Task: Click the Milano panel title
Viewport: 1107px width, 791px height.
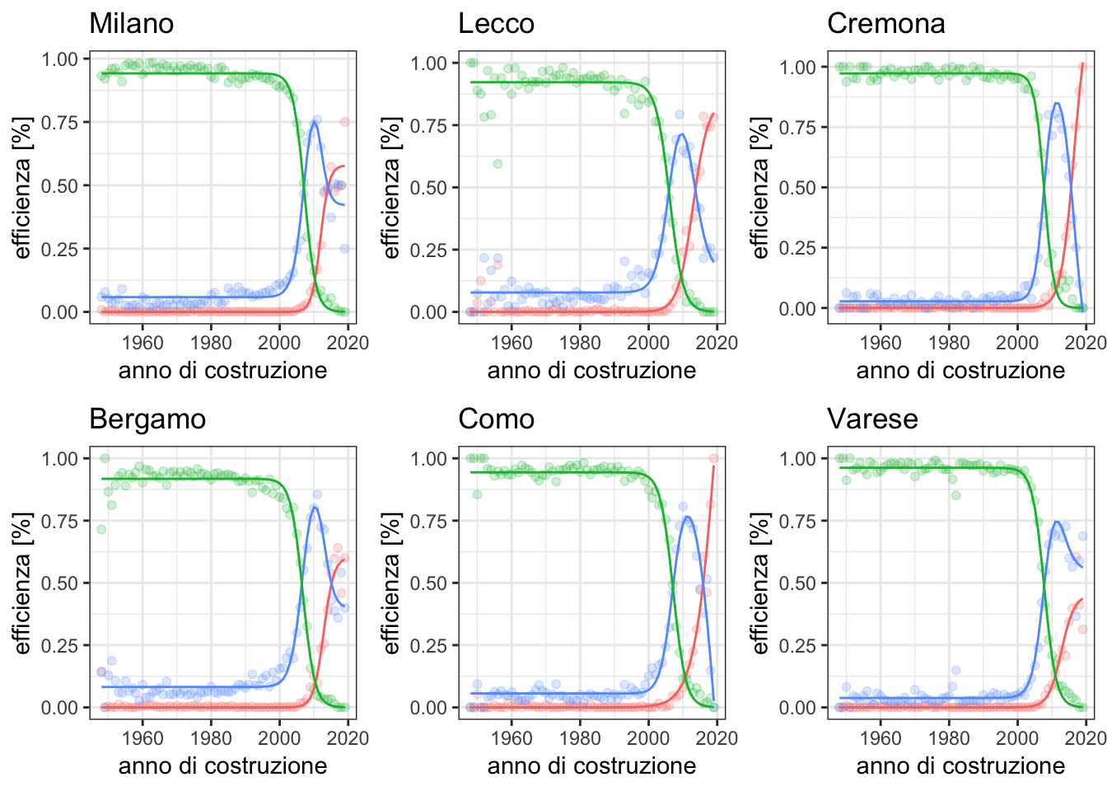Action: point(131,23)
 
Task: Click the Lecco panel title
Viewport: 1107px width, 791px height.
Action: point(496,23)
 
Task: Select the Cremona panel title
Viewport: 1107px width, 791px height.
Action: point(885,23)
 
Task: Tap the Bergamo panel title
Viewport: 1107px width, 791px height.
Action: point(147,419)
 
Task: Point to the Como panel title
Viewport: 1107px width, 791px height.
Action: point(496,419)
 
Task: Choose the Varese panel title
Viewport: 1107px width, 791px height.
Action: point(872,419)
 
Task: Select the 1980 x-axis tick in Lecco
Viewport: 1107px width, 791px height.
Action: point(580,342)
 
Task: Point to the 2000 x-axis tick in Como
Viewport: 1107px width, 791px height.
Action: point(648,737)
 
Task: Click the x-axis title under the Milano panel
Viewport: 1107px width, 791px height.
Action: point(222,371)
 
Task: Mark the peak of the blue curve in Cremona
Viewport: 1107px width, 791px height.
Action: point(1057,103)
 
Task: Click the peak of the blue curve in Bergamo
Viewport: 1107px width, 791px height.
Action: point(314,506)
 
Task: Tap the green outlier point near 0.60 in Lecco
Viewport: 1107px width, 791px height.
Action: point(497,163)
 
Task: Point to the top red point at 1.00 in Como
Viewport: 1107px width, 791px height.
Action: point(714,458)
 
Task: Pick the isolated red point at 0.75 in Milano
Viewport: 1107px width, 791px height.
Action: point(345,122)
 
